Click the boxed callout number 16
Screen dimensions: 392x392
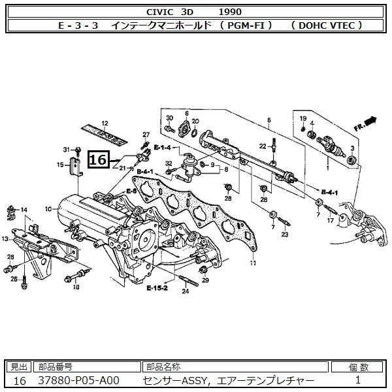pos(97,159)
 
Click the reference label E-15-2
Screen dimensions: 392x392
pos(157,287)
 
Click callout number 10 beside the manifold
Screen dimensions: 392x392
pos(48,210)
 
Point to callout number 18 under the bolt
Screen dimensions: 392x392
pos(76,287)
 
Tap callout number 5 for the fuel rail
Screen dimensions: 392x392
pos(269,120)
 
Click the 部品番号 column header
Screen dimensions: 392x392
pos(55,367)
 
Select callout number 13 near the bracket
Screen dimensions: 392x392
pos(5,239)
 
